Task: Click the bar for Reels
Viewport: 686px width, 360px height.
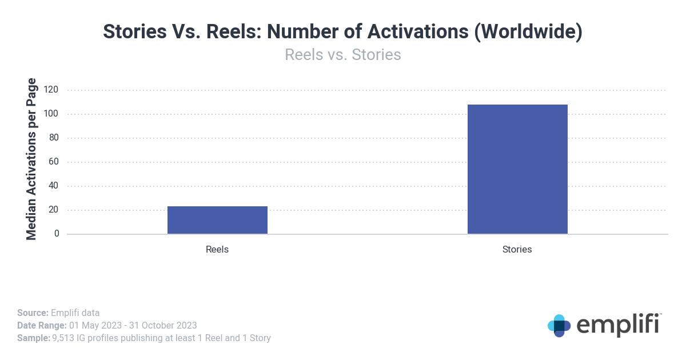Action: [217, 220]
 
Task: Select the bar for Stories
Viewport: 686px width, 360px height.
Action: [517, 169]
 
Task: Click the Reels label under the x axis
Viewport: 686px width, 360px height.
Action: [217, 250]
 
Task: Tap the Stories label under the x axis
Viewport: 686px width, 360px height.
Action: [517, 250]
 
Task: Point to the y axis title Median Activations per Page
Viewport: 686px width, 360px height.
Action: [31, 158]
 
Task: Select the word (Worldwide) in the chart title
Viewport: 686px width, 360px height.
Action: [528, 32]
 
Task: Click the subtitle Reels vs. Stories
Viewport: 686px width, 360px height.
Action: [342, 55]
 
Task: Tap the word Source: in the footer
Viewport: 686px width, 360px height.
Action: [33, 313]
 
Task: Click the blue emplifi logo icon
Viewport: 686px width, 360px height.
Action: [559, 325]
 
